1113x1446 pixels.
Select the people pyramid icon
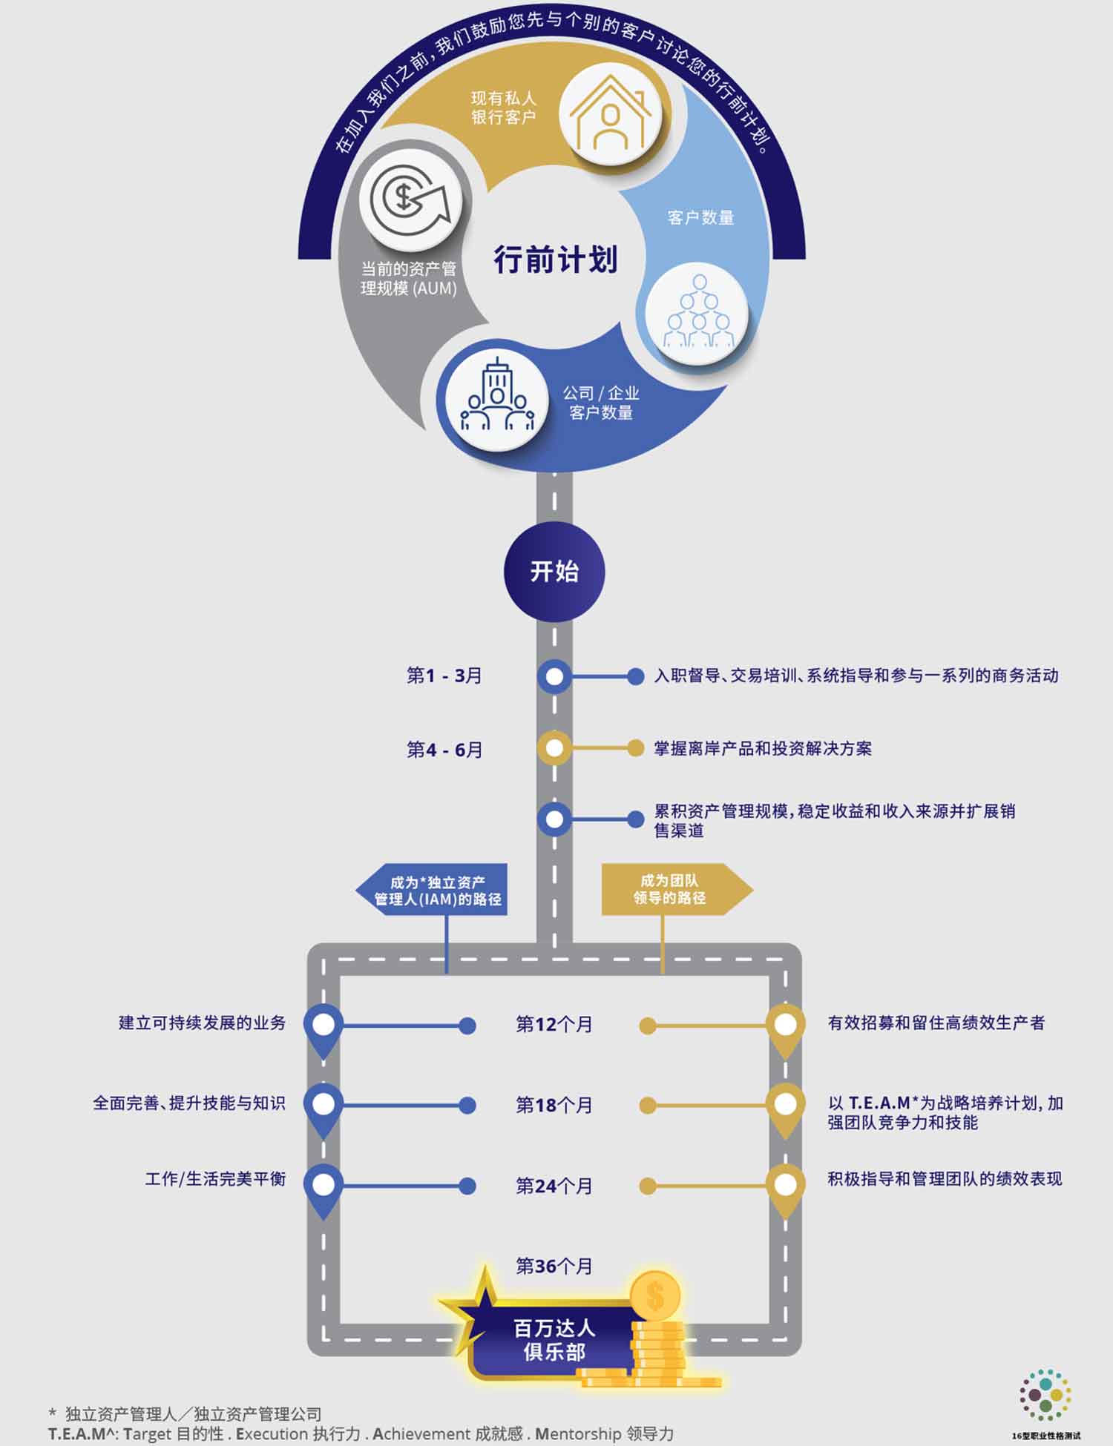tap(698, 314)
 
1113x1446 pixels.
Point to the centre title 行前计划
tap(556, 260)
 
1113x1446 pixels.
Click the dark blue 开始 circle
tap(554, 572)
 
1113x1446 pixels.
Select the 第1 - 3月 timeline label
tap(444, 676)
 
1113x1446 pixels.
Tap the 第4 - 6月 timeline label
tap(444, 750)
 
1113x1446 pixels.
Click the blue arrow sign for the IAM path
tap(433, 890)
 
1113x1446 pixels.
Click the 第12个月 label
tap(554, 1025)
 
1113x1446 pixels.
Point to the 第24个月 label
tap(554, 1186)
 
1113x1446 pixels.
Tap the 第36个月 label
tap(554, 1266)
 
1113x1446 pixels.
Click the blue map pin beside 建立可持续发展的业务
tap(324, 1027)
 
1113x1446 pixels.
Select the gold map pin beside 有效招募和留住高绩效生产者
tap(785, 1027)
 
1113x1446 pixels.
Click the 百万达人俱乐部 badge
tap(553, 1339)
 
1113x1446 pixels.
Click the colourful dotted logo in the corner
tap(1045, 1395)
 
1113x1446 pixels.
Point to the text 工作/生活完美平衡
tap(215, 1179)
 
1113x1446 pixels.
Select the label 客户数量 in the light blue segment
tap(700, 217)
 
